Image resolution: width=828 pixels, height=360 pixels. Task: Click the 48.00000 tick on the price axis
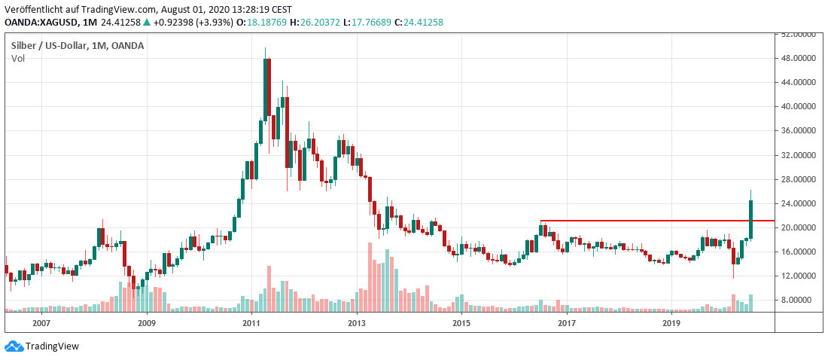800,59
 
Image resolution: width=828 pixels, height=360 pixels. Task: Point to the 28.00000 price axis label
800,179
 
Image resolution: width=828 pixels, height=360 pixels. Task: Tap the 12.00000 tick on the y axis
800,276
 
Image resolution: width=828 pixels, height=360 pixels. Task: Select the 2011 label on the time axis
251,323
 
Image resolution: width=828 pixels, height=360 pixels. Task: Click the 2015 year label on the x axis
461,323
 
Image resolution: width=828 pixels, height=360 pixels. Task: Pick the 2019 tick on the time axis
671,323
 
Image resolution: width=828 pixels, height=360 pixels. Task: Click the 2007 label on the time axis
41,323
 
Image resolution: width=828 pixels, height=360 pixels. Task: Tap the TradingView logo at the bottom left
42,346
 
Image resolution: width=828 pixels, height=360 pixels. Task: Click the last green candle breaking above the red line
750,219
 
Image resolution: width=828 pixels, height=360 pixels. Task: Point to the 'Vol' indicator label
18,59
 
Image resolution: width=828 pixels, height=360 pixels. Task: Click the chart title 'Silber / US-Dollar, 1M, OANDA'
78,45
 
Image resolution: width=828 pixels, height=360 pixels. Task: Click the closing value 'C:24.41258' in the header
419,23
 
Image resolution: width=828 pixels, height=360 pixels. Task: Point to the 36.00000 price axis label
800,131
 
